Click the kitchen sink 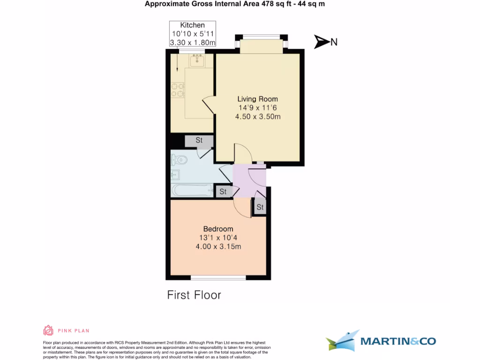(x=197, y=60)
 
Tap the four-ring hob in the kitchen (x=177, y=90)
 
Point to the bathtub (x=192, y=190)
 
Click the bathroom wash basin (x=174, y=175)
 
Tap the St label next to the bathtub (x=223, y=191)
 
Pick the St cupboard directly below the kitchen (x=199, y=140)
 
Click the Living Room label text (x=257, y=99)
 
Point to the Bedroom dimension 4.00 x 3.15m (x=218, y=246)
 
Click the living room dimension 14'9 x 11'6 (x=257, y=108)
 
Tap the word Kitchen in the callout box (x=193, y=25)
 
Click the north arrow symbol (x=322, y=42)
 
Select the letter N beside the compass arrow (x=334, y=42)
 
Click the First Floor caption (x=194, y=295)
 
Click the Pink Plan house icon (x=48, y=330)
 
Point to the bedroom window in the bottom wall (x=218, y=277)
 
